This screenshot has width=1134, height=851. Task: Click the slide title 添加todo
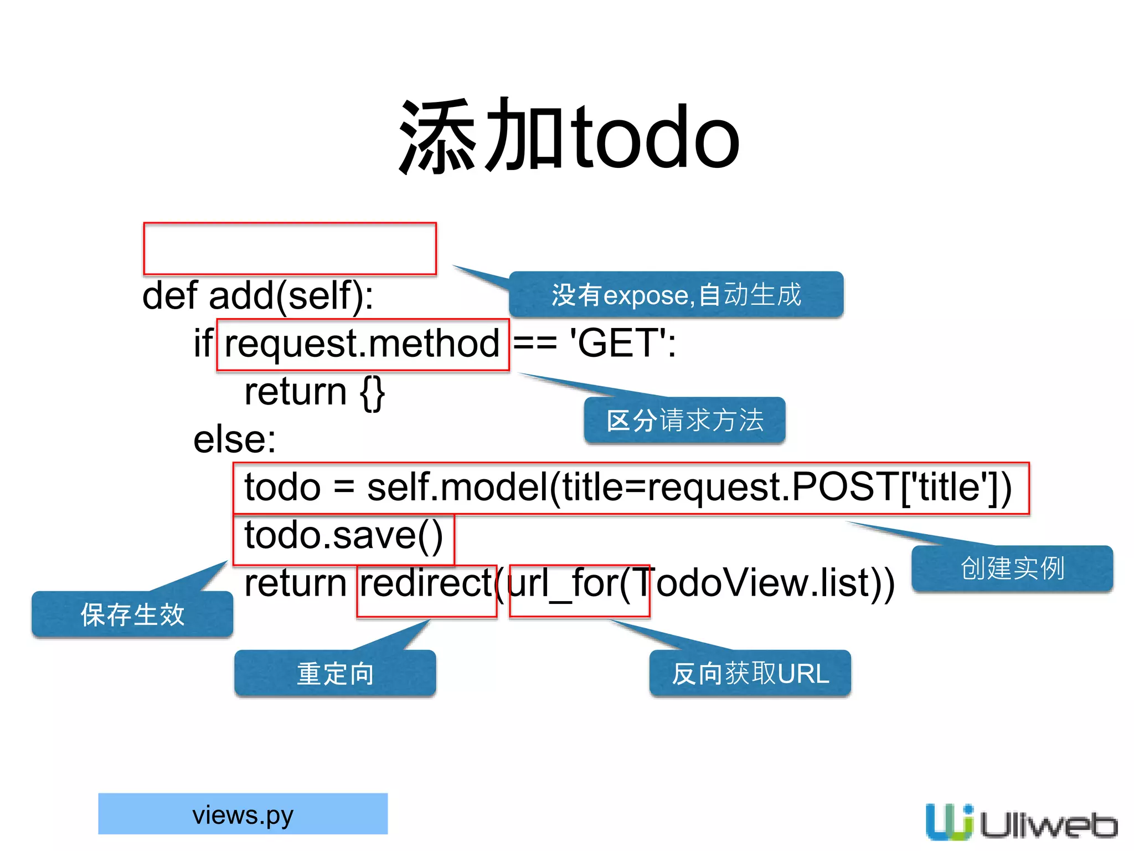[x=569, y=136]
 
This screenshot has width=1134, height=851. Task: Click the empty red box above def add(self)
[x=290, y=249]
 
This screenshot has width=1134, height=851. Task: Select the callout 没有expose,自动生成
[x=676, y=295]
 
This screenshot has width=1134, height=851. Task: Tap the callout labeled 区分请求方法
[x=684, y=421]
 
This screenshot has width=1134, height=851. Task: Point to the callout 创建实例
[x=1012, y=568]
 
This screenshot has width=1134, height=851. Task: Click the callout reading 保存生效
[x=132, y=614]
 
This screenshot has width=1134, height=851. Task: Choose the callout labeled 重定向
[x=335, y=673]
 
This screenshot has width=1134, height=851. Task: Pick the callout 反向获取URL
[x=750, y=673]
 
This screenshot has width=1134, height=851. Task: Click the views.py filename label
[x=243, y=814]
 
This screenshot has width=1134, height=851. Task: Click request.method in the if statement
[x=362, y=344]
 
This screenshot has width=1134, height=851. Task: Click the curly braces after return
[x=372, y=392]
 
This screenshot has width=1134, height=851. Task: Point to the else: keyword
[x=234, y=440]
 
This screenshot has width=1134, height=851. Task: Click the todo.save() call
[x=343, y=536]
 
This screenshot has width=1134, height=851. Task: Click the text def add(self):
[x=258, y=296]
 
